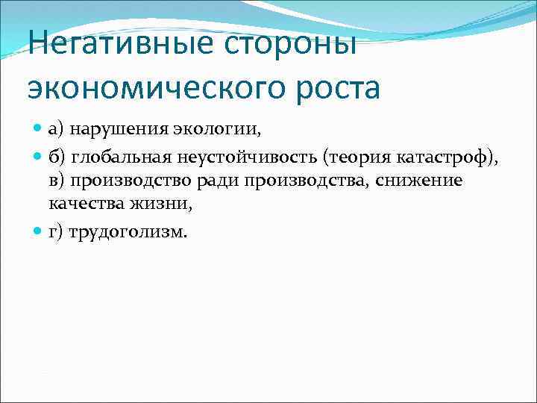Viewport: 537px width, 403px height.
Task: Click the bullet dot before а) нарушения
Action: [39, 131]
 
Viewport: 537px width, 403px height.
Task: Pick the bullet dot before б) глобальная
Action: [39, 156]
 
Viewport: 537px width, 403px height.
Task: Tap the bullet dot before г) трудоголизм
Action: [39, 232]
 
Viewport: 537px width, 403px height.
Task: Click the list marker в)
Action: [57, 181]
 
